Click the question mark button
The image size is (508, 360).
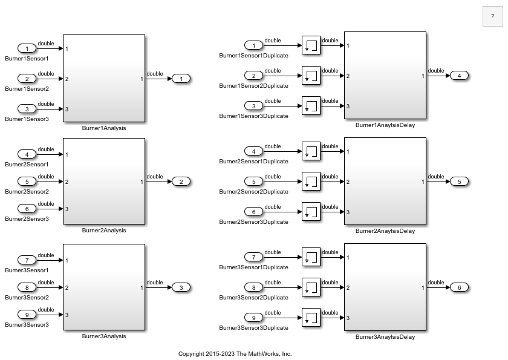[492, 16]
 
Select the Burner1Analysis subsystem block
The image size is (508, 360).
[104, 79]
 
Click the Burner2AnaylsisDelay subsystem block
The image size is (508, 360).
[385, 181]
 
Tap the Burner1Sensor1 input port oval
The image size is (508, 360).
[27, 48]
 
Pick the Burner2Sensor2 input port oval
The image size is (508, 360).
[27, 182]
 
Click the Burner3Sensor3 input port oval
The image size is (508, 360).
[27, 315]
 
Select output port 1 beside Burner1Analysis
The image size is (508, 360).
[181, 79]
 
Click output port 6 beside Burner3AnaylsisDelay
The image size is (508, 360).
[459, 287]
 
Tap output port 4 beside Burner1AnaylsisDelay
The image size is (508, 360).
[459, 76]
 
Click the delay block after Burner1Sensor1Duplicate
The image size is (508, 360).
[311, 45]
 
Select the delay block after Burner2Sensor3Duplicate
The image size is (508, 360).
[311, 212]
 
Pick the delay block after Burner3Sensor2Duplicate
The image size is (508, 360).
[311, 287]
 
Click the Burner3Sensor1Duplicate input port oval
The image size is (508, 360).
[253, 257]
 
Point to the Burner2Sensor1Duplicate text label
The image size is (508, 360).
[253, 162]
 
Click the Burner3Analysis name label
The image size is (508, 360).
[104, 336]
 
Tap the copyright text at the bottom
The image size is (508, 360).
[235, 354]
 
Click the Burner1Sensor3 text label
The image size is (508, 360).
[27, 119]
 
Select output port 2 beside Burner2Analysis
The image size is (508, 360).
[181, 182]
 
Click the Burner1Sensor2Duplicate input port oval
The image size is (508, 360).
[253, 76]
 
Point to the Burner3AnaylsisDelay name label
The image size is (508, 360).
[385, 337]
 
